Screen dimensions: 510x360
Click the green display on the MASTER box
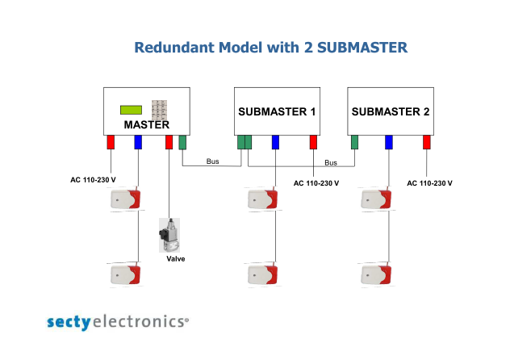pyautogui.click(x=131, y=110)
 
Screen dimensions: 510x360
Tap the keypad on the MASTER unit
pyautogui.click(x=160, y=110)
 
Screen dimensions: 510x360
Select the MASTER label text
pyautogui.click(x=147, y=124)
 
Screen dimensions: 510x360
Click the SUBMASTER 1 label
pyautogui.click(x=277, y=112)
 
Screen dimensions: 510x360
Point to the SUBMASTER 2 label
pyautogui.click(x=391, y=112)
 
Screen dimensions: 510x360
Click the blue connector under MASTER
pyautogui.click(x=138, y=142)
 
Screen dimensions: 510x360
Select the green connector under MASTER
pyautogui.click(x=182, y=142)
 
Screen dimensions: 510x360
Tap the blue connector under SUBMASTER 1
pyautogui.click(x=275, y=142)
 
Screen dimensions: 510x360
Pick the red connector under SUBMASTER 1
pyautogui.click(x=313, y=142)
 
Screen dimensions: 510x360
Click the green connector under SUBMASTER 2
pyautogui.click(x=354, y=142)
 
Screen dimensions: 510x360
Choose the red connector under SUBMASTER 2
pyautogui.click(x=427, y=142)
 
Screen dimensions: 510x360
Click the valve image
pyautogui.click(x=169, y=235)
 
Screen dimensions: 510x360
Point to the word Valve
pyautogui.click(x=176, y=259)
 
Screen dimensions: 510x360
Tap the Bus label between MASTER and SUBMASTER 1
pyautogui.click(x=213, y=161)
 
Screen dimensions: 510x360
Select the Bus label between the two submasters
pyautogui.click(x=331, y=162)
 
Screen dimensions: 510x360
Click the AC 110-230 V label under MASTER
pyautogui.click(x=93, y=180)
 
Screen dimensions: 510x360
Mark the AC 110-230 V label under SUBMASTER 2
pyautogui.click(x=429, y=183)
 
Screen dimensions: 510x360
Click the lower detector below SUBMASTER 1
pyautogui.click(x=263, y=274)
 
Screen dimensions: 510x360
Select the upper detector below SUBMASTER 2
pyautogui.click(x=376, y=199)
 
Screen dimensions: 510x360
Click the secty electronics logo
pyautogui.click(x=118, y=322)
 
